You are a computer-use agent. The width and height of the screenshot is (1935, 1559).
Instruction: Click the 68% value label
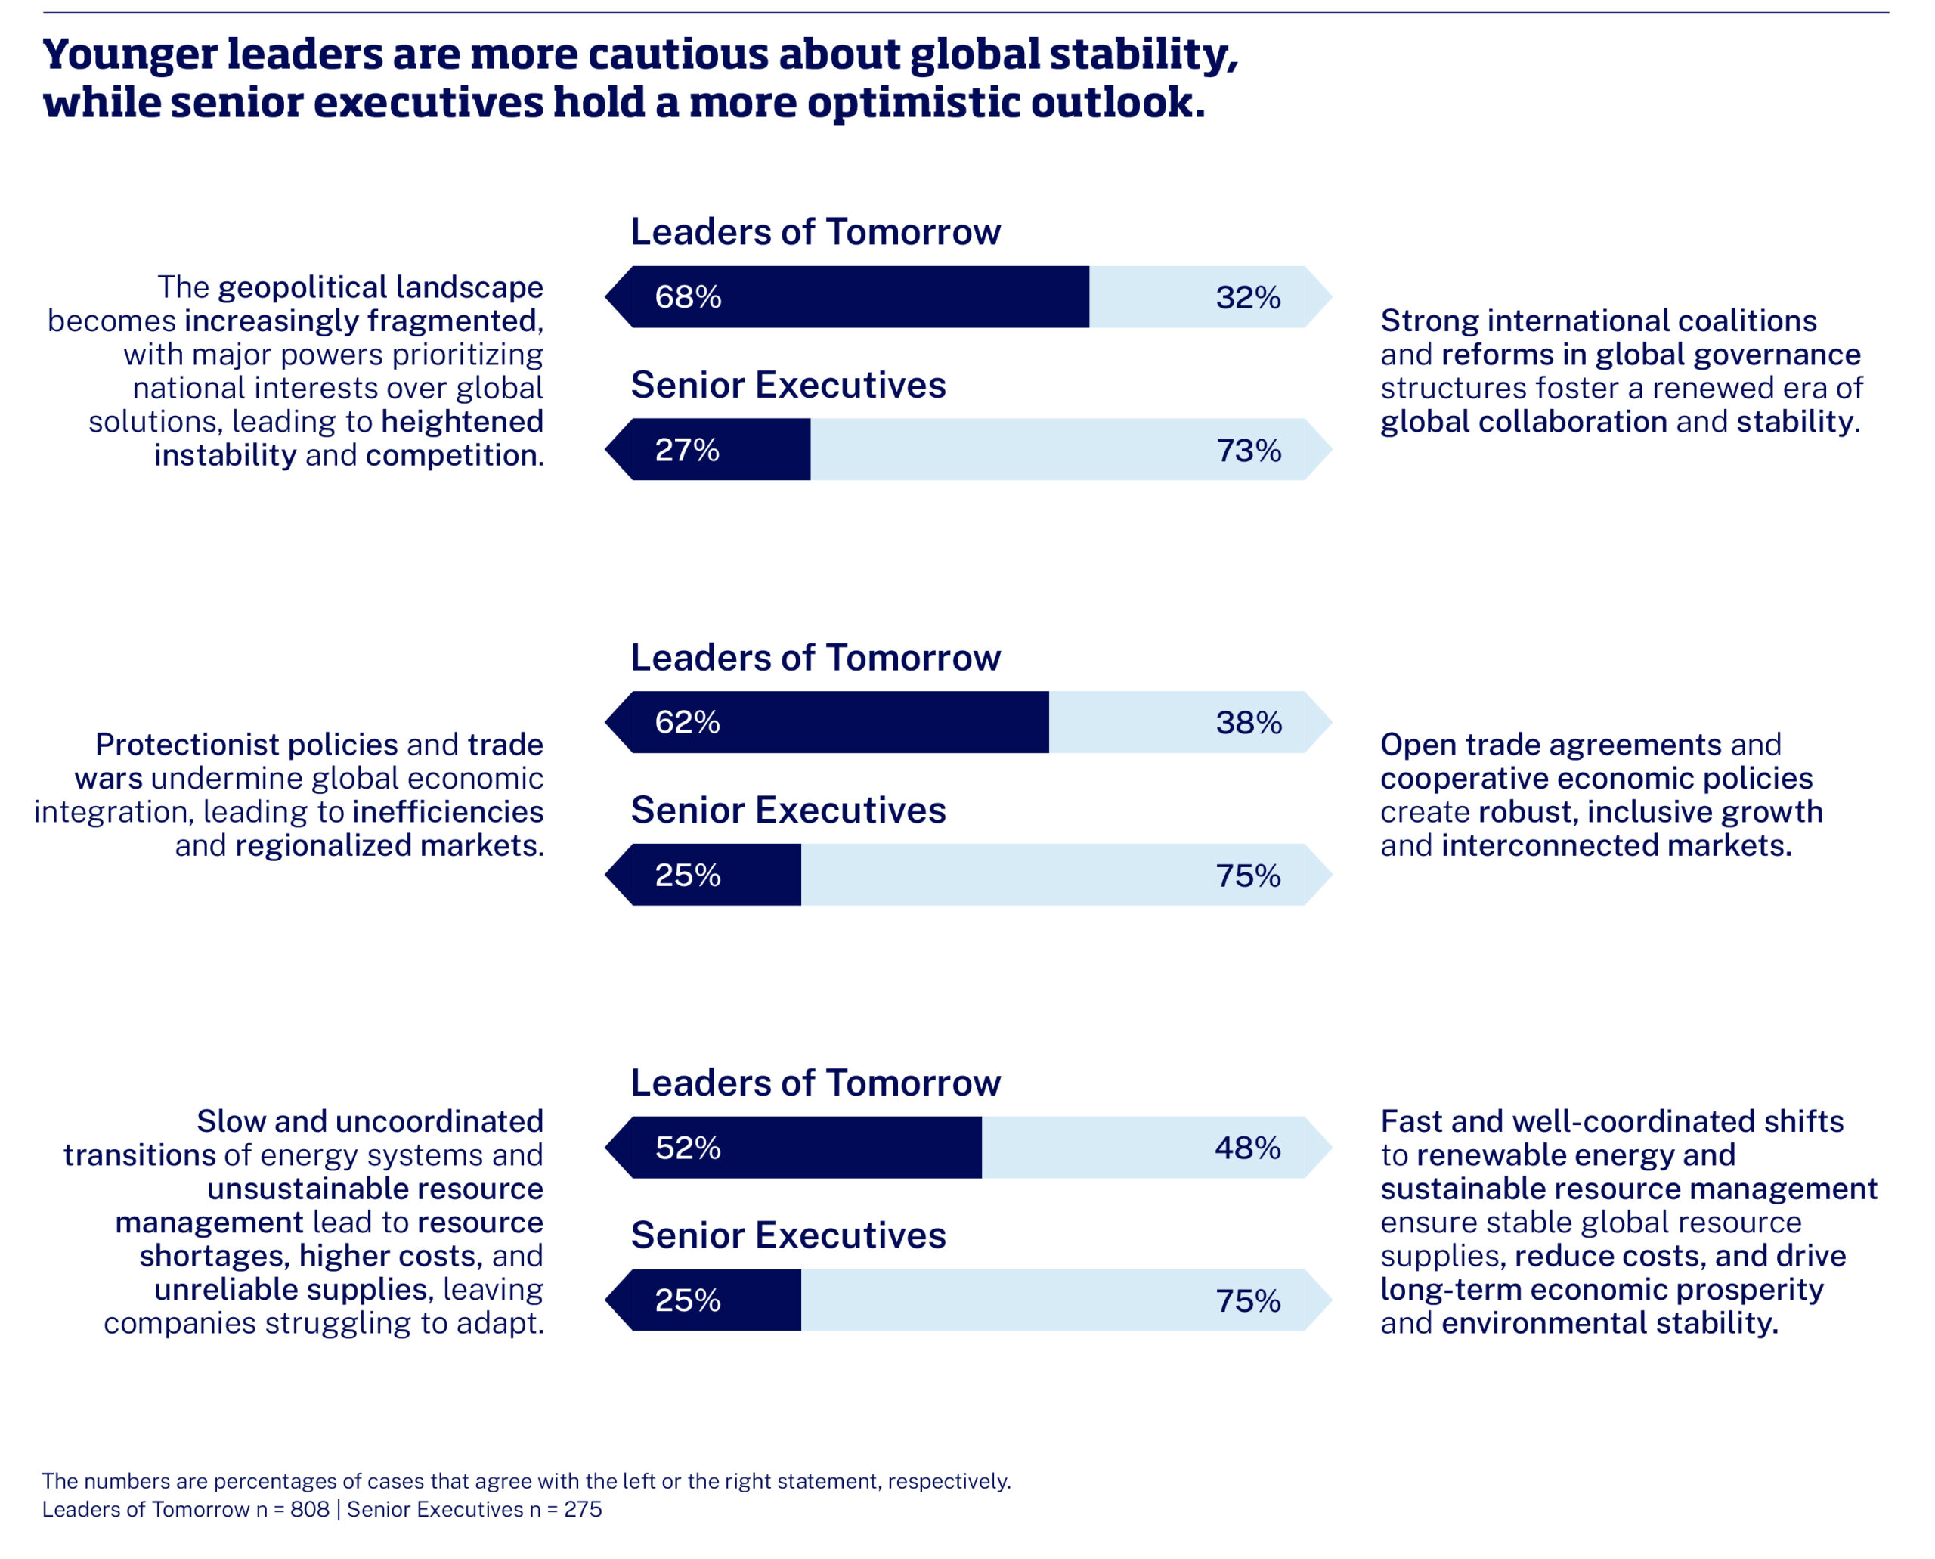688,297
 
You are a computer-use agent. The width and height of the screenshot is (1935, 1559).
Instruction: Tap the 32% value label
1247,297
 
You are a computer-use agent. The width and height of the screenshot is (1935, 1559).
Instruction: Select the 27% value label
687,450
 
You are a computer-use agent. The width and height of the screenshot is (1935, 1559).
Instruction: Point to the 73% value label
1247,450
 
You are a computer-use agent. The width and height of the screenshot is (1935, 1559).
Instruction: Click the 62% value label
687,722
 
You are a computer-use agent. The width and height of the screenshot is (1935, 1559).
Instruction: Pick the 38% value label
1247,722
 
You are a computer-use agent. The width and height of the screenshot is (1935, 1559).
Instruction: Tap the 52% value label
687,1148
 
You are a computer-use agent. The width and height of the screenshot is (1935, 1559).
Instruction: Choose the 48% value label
1247,1148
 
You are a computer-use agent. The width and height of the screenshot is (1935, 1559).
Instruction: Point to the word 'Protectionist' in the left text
246,745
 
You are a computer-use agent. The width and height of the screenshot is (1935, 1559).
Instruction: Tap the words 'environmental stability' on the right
1609,1323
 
